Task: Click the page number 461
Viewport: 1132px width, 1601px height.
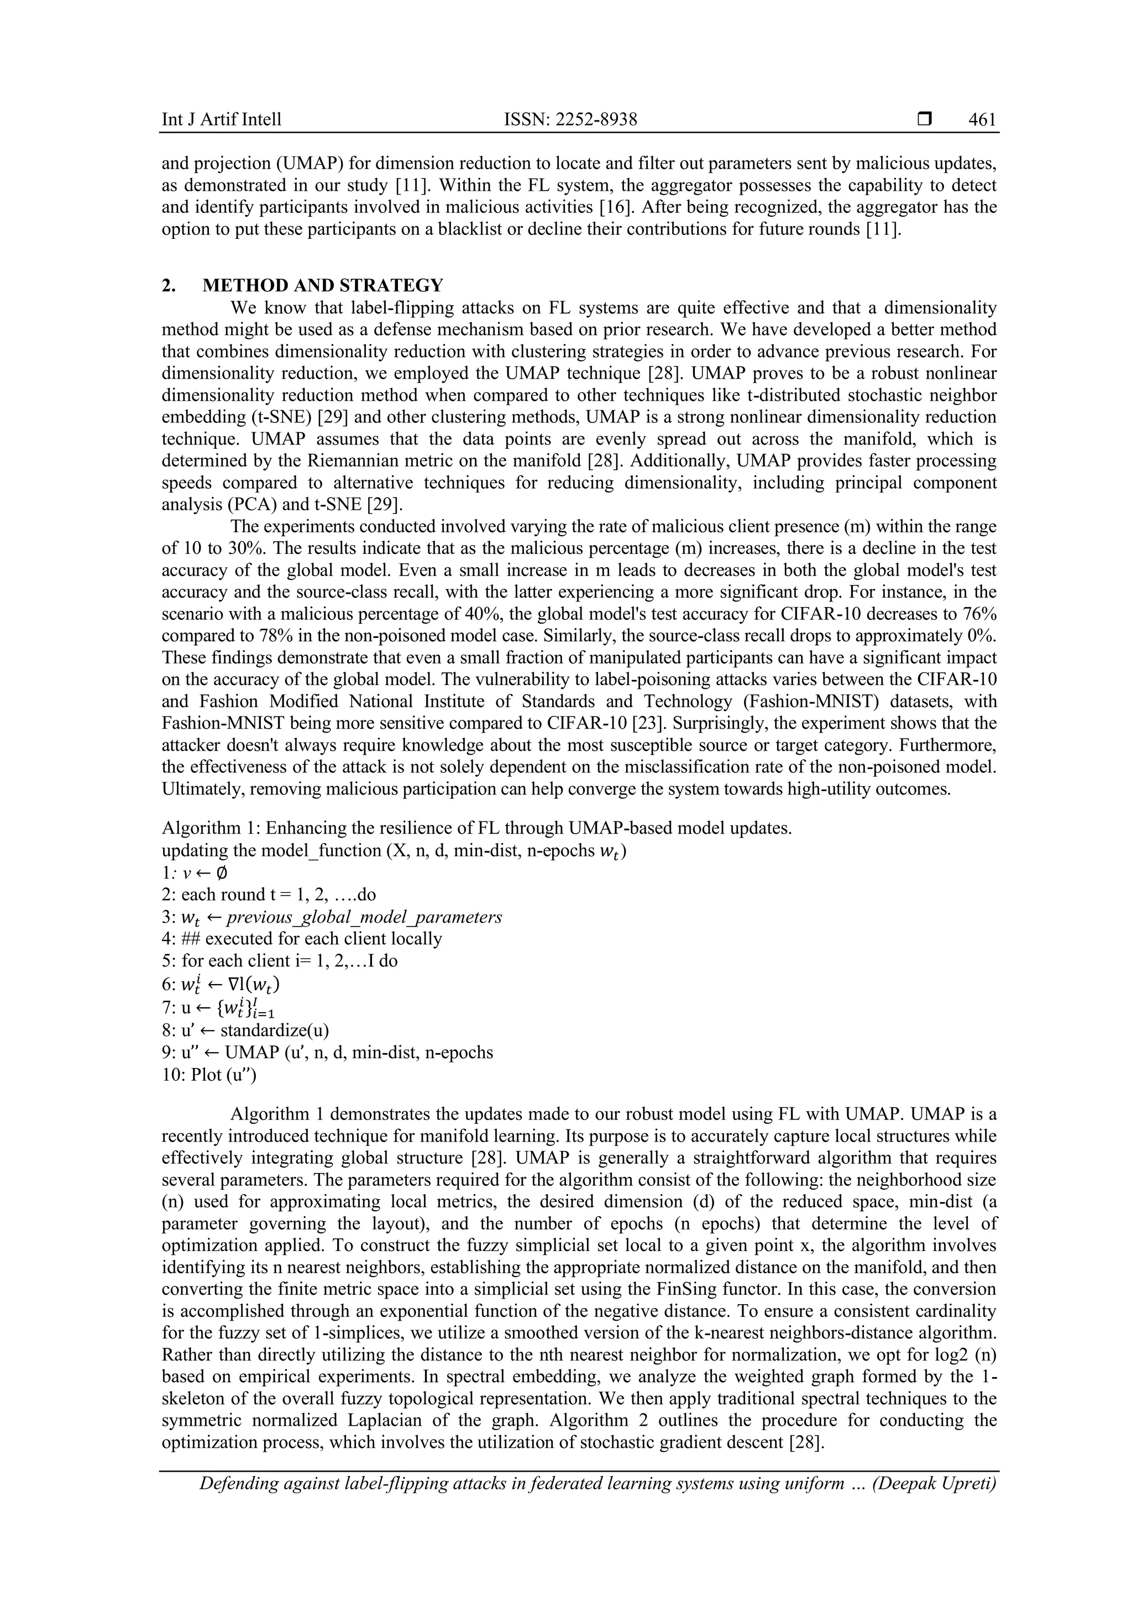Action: click(982, 120)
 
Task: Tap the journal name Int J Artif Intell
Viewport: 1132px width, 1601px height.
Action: click(222, 120)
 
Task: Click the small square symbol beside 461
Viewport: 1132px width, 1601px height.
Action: click(924, 120)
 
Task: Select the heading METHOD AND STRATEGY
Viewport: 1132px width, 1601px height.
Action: click(323, 285)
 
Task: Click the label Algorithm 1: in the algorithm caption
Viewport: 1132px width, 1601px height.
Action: click(201, 828)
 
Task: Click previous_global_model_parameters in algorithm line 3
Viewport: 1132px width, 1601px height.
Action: click(364, 917)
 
